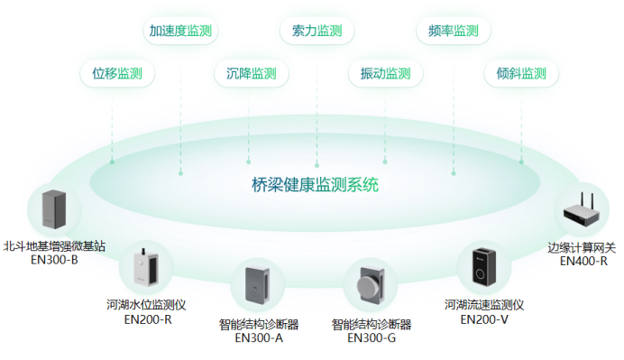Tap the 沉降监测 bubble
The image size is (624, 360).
(x=245, y=73)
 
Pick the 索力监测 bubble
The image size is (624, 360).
(x=317, y=30)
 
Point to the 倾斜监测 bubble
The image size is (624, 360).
(x=521, y=73)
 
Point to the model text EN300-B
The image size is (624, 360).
(x=54, y=260)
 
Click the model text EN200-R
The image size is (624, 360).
(x=147, y=318)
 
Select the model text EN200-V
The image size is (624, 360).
(x=484, y=318)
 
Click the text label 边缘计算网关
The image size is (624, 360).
(x=582, y=247)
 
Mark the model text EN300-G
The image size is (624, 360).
(x=372, y=338)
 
